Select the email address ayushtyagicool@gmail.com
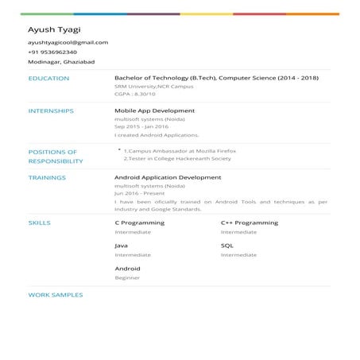point(68,42)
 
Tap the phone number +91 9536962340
point(52,52)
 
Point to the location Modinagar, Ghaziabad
point(58,61)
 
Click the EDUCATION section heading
point(48,79)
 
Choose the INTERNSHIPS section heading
point(51,111)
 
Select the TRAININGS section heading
point(47,178)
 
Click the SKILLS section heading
point(39,223)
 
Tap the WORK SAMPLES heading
point(56,295)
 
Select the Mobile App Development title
point(154,111)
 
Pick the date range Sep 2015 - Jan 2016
point(141,126)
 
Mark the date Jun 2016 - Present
point(139,193)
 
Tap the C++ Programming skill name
point(249,223)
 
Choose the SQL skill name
point(226,246)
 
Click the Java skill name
point(122,246)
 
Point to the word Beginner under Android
point(127,277)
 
